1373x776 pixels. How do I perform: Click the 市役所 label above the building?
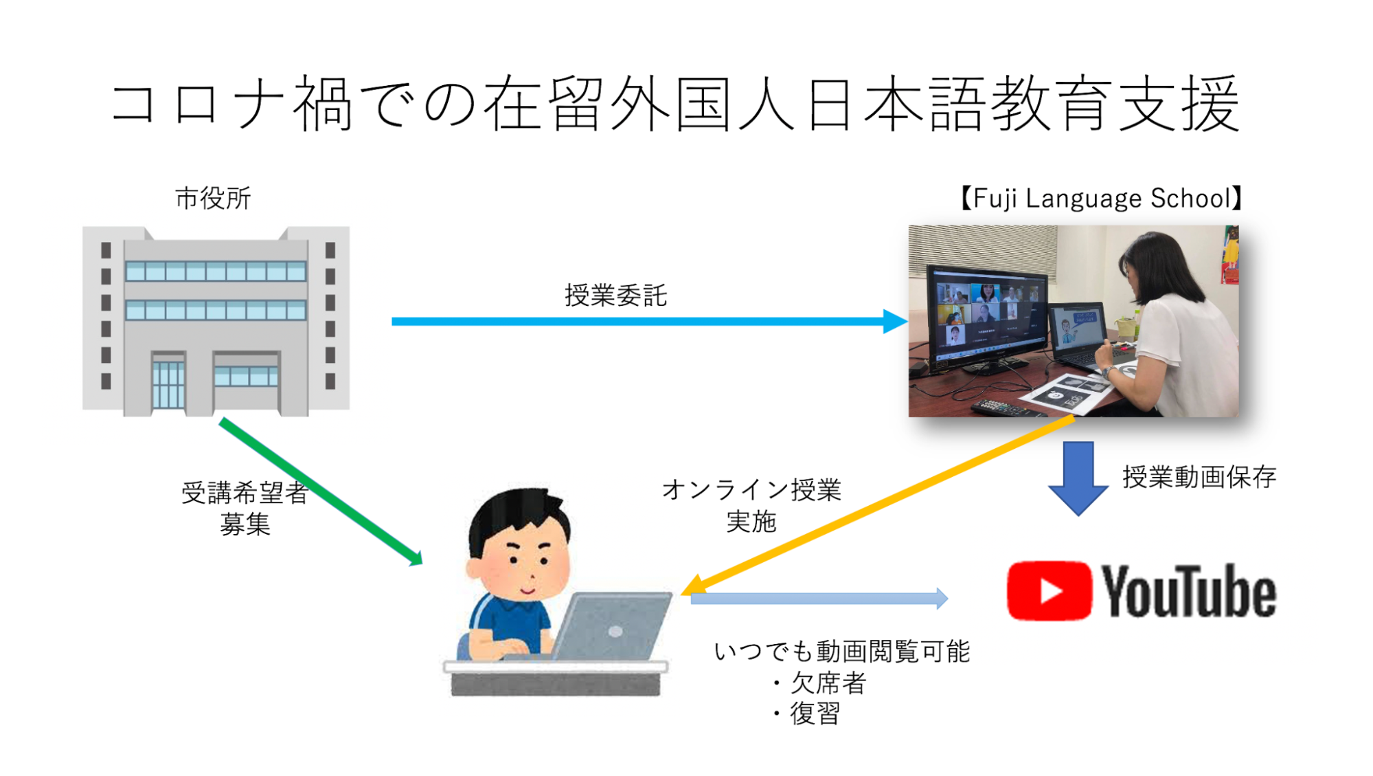tap(213, 198)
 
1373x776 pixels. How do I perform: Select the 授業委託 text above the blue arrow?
tap(615, 296)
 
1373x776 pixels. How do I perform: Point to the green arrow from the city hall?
tap(321, 492)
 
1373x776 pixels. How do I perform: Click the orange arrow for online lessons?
tap(877, 505)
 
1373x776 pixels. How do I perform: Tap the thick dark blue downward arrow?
tap(1078, 478)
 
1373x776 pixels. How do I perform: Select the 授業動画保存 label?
tap(1199, 476)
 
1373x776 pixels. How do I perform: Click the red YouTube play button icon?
tap(1049, 591)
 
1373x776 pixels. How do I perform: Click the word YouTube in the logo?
tap(1189, 592)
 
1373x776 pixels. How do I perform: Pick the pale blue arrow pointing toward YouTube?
tap(819, 598)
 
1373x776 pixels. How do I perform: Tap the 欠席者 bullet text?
tap(828, 683)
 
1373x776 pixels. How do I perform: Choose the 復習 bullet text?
tap(815, 713)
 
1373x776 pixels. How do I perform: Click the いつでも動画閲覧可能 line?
tap(842, 651)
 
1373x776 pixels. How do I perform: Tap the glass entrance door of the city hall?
tap(168, 384)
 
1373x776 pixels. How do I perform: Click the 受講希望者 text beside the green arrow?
tap(245, 492)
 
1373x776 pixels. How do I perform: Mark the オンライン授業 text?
tap(751, 489)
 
